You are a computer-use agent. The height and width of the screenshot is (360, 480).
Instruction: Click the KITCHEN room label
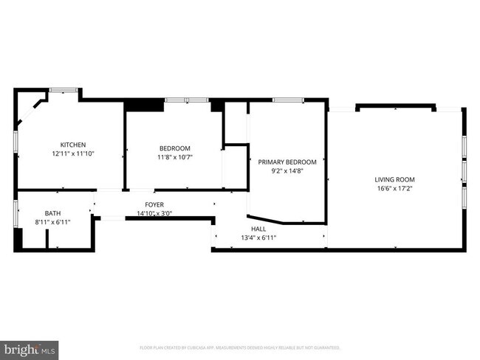pos(73,145)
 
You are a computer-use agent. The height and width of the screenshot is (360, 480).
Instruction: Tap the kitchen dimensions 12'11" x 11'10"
pos(73,154)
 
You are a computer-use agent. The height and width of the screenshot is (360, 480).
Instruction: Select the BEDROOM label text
pos(175,148)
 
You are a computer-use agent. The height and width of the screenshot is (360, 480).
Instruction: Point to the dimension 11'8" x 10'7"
pos(175,157)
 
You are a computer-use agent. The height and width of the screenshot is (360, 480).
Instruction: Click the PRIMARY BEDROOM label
pos(287,162)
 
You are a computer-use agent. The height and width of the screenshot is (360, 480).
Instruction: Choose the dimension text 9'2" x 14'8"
pos(287,171)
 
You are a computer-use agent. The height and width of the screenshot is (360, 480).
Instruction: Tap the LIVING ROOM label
pos(395,179)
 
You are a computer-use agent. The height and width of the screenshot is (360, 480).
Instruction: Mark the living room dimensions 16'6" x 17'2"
pos(395,189)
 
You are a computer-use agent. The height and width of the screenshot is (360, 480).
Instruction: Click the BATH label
pos(52,213)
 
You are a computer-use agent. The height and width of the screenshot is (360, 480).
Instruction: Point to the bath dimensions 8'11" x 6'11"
pos(52,222)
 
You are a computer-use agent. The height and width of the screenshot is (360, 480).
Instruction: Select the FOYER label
pos(154,204)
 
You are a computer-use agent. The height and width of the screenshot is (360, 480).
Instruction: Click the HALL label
pos(258,229)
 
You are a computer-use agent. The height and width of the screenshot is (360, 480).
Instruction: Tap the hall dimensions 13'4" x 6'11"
pos(258,238)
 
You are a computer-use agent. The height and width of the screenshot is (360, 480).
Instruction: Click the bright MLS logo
pos(30,348)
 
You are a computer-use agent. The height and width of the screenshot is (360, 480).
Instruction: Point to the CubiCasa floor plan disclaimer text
pos(240,347)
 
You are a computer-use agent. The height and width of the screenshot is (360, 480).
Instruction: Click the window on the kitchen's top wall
pos(64,90)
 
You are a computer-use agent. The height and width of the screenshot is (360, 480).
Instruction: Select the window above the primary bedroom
pos(288,100)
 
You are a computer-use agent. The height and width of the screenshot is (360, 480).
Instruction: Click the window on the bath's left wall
pos(16,212)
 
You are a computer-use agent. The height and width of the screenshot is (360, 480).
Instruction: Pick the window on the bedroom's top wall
pos(187,100)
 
